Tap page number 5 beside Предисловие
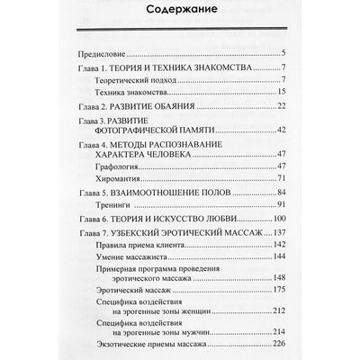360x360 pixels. [283, 55]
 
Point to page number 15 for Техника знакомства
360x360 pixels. [281, 93]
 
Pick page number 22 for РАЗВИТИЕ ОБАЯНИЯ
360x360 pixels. [281, 106]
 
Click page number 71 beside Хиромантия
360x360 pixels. [281, 180]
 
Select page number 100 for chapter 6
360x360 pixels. [279, 220]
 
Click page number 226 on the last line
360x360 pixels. [279, 341]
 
